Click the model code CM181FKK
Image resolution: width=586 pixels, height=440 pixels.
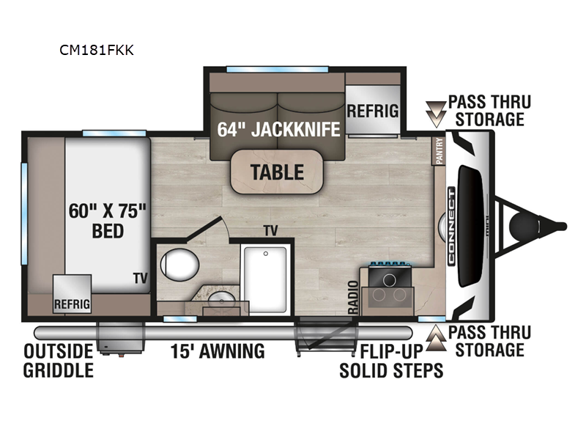[x=97, y=51]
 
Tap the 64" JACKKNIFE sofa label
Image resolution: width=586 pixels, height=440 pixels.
[x=279, y=130]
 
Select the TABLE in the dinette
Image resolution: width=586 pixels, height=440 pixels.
[x=277, y=172]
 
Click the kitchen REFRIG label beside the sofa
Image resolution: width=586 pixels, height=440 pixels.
[x=372, y=111]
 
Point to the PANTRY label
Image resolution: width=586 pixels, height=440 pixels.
[x=439, y=152]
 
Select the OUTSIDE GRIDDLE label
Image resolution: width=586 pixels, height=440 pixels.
[x=59, y=360]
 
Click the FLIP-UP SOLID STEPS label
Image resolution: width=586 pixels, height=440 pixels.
[x=391, y=360]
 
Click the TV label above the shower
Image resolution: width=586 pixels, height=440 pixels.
[x=271, y=231]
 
